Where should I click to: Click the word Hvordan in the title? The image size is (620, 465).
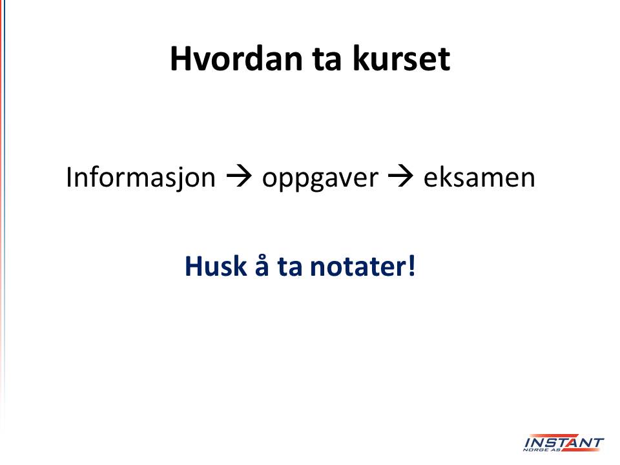pyautogui.click(x=236, y=59)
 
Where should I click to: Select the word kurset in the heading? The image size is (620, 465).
pyautogui.click(x=401, y=59)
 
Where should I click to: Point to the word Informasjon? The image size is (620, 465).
pyautogui.click(x=141, y=178)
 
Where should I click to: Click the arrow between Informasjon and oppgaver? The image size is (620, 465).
pyautogui.click(x=239, y=177)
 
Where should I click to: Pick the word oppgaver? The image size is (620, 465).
pyautogui.click(x=320, y=179)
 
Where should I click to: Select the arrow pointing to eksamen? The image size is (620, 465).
pyautogui.click(x=401, y=177)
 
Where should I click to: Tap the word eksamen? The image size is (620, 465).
pyautogui.click(x=479, y=178)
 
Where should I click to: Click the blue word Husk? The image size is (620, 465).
pyautogui.click(x=216, y=265)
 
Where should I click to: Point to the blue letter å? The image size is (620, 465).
pyautogui.click(x=262, y=265)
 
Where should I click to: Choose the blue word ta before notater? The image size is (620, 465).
pyautogui.click(x=290, y=267)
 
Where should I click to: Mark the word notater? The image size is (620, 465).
pyautogui.click(x=357, y=267)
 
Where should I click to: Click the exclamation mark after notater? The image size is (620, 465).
pyautogui.click(x=411, y=265)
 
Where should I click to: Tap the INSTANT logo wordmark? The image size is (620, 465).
pyautogui.click(x=564, y=442)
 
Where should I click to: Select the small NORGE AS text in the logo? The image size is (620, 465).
pyautogui.click(x=542, y=449)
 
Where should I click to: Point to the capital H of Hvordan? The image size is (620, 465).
pyautogui.click(x=180, y=59)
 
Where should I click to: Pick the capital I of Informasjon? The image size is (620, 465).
pyautogui.click(x=69, y=177)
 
